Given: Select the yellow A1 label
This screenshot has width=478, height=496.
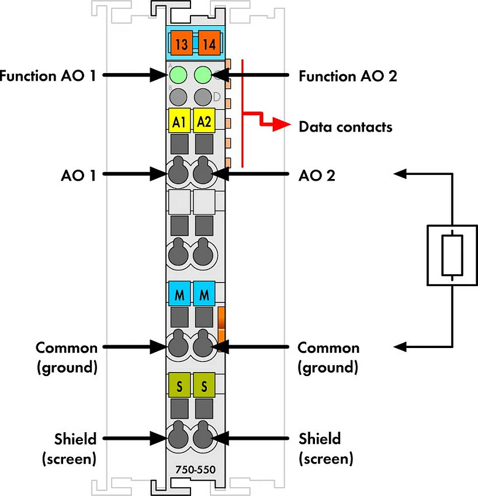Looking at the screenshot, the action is point(179,120).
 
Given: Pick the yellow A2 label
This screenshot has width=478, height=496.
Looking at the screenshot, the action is point(204,120).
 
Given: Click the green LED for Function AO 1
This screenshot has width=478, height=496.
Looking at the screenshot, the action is point(178,75).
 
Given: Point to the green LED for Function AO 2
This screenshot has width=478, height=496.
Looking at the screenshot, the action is point(203,75).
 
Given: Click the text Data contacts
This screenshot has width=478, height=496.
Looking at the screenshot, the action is point(345,127).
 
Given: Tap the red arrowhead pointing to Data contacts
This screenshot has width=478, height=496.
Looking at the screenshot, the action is point(282,124).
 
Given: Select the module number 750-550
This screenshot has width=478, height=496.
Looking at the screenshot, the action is point(195,470).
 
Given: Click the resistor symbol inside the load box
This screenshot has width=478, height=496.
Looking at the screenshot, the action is point(452,255).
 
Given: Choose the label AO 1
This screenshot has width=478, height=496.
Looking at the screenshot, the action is point(78,175).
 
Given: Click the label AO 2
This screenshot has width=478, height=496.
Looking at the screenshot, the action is point(317,175).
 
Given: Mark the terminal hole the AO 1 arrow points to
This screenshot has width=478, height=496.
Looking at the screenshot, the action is point(178,172).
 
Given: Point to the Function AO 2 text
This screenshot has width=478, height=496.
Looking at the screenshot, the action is point(348,76).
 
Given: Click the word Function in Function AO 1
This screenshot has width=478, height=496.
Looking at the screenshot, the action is point(28,76).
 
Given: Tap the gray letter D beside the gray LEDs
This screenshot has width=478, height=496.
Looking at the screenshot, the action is point(217,97).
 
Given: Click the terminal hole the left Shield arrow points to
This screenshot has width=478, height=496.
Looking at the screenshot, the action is point(178,436).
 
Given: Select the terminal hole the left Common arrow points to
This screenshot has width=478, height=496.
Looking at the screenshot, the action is point(178,345).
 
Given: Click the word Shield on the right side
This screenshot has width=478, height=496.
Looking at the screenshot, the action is point(320,439).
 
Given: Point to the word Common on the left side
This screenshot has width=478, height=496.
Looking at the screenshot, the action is point(67,348).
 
